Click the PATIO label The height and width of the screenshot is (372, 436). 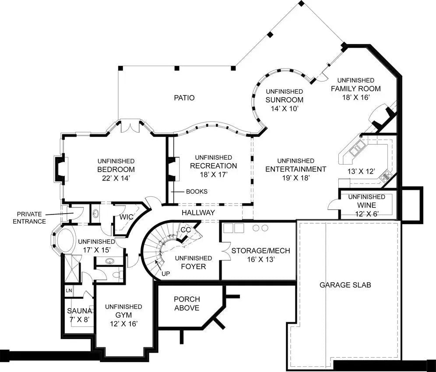point(184,98)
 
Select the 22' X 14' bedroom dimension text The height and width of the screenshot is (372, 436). point(116,178)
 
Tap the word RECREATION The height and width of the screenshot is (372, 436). point(214,166)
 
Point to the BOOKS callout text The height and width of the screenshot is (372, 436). point(197,191)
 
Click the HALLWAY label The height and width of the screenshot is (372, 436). point(199,213)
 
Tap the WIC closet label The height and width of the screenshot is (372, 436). point(126,217)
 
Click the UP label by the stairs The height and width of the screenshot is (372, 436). point(165,274)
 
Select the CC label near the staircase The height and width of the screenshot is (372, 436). point(186,230)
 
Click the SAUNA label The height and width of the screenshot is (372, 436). point(78,311)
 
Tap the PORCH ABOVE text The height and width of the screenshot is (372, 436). point(187,303)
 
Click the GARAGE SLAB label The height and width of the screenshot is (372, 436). point(345,285)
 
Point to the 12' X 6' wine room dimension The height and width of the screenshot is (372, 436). point(366,214)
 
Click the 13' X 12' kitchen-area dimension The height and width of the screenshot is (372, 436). point(361,171)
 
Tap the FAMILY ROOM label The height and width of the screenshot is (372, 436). point(355,88)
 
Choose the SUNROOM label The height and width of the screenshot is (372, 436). point(284,100)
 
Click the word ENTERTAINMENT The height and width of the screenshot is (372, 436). point(295,169)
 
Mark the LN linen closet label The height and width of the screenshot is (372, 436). point(69,291)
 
